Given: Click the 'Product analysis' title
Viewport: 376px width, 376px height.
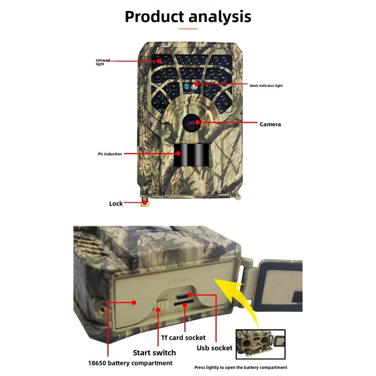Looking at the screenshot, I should point(188,17).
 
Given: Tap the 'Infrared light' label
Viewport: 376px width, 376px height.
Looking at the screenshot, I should point(102,62).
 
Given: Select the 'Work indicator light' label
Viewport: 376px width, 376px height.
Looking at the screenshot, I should point(266,86).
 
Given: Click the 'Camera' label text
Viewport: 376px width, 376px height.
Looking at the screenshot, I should point(270,124).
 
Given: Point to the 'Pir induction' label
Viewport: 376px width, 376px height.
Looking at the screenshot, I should point(110,154).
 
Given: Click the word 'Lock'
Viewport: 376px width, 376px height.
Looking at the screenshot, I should point(116,203).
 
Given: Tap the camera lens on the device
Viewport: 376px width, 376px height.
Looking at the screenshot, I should point(192,123).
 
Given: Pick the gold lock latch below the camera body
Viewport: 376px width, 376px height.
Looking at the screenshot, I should point(145,203).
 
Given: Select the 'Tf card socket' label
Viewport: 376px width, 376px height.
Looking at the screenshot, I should point(183,337).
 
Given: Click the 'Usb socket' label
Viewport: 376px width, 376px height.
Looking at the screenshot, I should point(214,348).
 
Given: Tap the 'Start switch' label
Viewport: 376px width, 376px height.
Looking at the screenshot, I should point(154,353).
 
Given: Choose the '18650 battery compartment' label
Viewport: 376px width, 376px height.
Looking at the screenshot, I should point(130,363).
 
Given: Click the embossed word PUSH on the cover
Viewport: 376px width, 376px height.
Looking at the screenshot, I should point(178,282).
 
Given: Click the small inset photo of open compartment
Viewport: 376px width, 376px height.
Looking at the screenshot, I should point(260,344).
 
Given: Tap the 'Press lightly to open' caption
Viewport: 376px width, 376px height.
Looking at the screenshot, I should point(241,367).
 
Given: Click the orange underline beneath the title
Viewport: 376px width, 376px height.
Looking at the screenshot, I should point(188,29).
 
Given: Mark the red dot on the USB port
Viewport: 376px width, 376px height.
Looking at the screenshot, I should point(189,294).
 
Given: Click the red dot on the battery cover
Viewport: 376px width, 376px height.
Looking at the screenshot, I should point(134,302).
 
